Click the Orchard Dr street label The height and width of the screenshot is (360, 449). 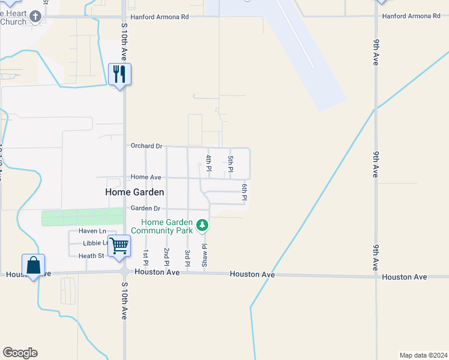146,146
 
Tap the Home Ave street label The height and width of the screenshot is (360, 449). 146,177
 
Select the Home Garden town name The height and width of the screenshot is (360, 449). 134,192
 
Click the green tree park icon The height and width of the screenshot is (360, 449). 203,226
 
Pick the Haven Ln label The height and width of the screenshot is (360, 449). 92,231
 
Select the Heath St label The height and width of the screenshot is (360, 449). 91,256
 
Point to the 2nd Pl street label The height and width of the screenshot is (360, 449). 166,256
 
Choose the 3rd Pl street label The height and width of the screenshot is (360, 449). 187,258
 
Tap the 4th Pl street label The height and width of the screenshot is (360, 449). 208,163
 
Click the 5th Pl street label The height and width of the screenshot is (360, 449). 230,163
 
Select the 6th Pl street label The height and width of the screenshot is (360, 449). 245,192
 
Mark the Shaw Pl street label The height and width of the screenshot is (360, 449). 204,255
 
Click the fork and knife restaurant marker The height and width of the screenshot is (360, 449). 119,74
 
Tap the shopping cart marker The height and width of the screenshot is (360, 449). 119,245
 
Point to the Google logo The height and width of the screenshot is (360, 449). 20,353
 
